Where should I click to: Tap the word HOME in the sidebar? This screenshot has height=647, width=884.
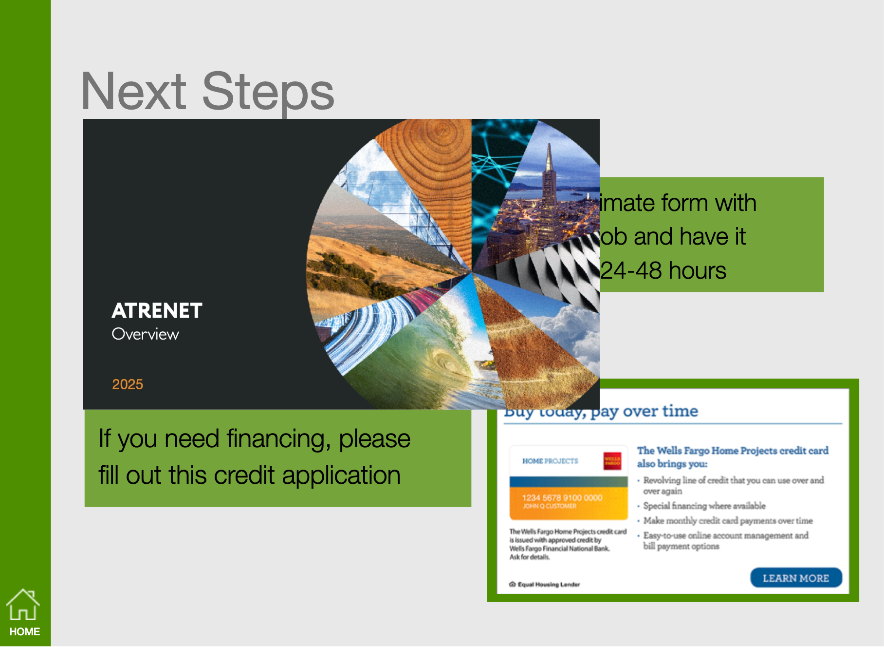pos(24,632)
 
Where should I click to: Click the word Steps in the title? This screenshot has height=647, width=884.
pos(268,92)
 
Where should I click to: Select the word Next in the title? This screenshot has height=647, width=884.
pos(134,92)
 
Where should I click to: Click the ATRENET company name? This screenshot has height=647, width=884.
pos(157,311)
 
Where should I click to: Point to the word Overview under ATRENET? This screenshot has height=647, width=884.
pos(145,334)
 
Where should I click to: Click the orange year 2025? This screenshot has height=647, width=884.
pos(128,384)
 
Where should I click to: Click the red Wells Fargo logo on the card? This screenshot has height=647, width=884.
pos(612,461)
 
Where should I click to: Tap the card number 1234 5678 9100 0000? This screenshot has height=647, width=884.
pos(562,497)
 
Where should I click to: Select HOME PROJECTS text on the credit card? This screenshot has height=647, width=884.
pos(550,461)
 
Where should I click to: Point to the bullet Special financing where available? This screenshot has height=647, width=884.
pos(704,506)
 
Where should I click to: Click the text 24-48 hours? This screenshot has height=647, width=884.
pos(663,271)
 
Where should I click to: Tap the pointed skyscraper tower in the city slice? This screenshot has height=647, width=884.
pos(549,175)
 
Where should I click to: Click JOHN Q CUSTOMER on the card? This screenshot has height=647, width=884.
pos(550,506)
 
